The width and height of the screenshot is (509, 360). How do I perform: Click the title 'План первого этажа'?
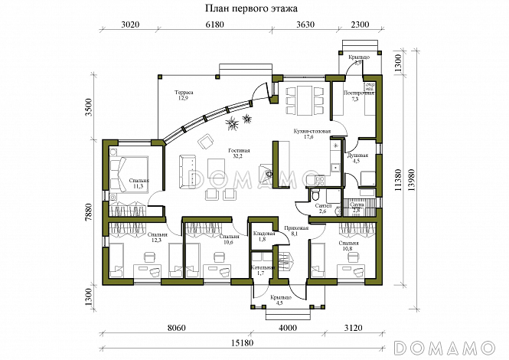254,8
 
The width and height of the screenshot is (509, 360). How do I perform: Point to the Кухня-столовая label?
312,134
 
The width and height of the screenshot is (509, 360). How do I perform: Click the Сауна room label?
357,208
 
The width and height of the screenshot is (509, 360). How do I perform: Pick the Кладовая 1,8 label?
259,237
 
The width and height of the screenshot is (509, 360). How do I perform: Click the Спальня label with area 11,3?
139,183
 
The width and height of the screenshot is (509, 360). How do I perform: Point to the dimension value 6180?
216,25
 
